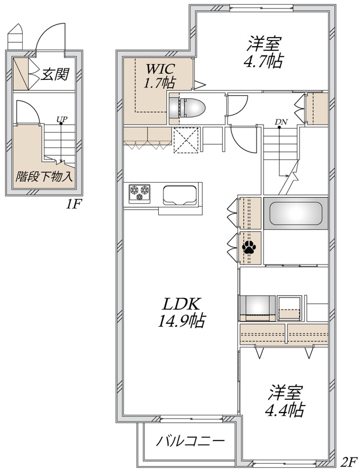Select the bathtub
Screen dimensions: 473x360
click(x=296, y=214)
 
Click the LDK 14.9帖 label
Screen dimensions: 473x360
click(x=182, y=312)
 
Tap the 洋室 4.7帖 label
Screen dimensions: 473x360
click(x=264, y=52)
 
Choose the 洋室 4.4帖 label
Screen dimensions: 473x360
click(x=285, y=402)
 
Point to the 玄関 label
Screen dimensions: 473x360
click(x=55, y=74)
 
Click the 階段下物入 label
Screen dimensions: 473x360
click(x=45, y=177)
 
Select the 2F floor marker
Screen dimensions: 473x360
click(x=349, y=462)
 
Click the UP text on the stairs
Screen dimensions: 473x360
click(x=61, y=119)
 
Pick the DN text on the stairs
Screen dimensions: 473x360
click(x=281, y=122)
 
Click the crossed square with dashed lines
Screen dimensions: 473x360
click(x=186, y=140)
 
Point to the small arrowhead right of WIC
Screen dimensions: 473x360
click(x=199, y=85)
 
